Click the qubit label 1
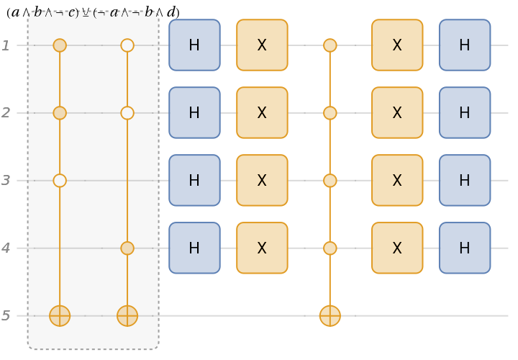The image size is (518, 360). point(6,45)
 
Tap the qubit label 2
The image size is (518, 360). point(6,113)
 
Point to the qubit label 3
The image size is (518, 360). point(6,181)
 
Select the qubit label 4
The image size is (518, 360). point(6,248)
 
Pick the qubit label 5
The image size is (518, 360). point(6,316)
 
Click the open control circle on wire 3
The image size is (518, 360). point(60,181)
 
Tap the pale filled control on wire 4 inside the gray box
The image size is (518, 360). point(127,248)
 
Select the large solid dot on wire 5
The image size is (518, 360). point(330,316)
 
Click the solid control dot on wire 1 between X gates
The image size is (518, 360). point(330,45)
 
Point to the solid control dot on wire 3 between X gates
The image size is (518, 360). point(330,181)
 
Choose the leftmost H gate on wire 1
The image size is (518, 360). point(194,45)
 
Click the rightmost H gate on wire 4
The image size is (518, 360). point(465,248)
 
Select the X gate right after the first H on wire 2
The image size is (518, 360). point(262,113)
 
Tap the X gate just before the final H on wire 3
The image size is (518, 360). point(397,181)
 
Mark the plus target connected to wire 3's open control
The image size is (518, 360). point(60,316)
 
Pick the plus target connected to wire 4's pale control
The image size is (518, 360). point(127,316)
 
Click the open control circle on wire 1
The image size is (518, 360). point(127,45)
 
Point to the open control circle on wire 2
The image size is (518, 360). point(127,113)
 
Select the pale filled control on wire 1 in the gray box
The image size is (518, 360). point(60,45)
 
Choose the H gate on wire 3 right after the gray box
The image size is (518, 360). point(194,181)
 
